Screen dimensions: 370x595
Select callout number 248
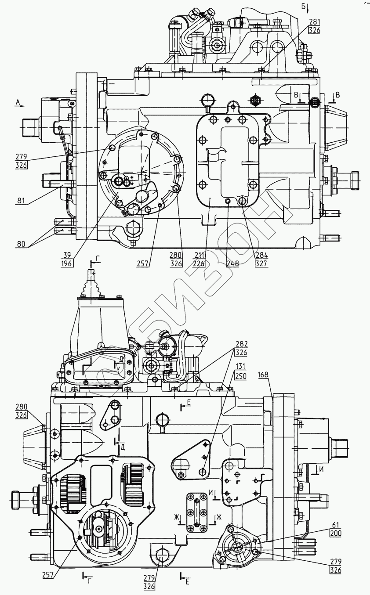point(233,263)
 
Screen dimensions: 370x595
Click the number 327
point(261,263)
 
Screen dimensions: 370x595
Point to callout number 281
point(315,22)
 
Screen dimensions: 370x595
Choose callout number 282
point(241,344)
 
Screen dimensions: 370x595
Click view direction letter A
point(18,102)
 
